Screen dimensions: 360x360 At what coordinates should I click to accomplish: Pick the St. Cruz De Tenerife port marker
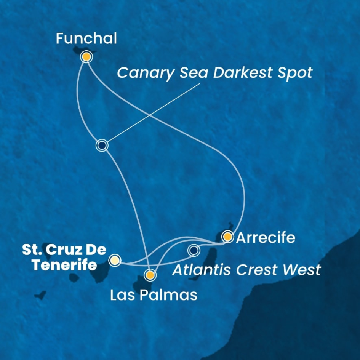[115, 260]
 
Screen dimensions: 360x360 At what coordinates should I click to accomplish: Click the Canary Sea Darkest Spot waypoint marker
[102, 145]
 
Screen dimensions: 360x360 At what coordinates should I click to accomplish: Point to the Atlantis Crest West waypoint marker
[194, 250]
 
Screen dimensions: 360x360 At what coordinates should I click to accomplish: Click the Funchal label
[86, 39]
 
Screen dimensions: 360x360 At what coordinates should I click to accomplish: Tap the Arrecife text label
[266, 238]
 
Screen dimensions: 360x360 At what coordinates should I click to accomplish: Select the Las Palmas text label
[154, 294]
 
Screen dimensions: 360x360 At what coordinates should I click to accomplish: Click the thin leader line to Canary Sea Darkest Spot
[152, 114]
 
